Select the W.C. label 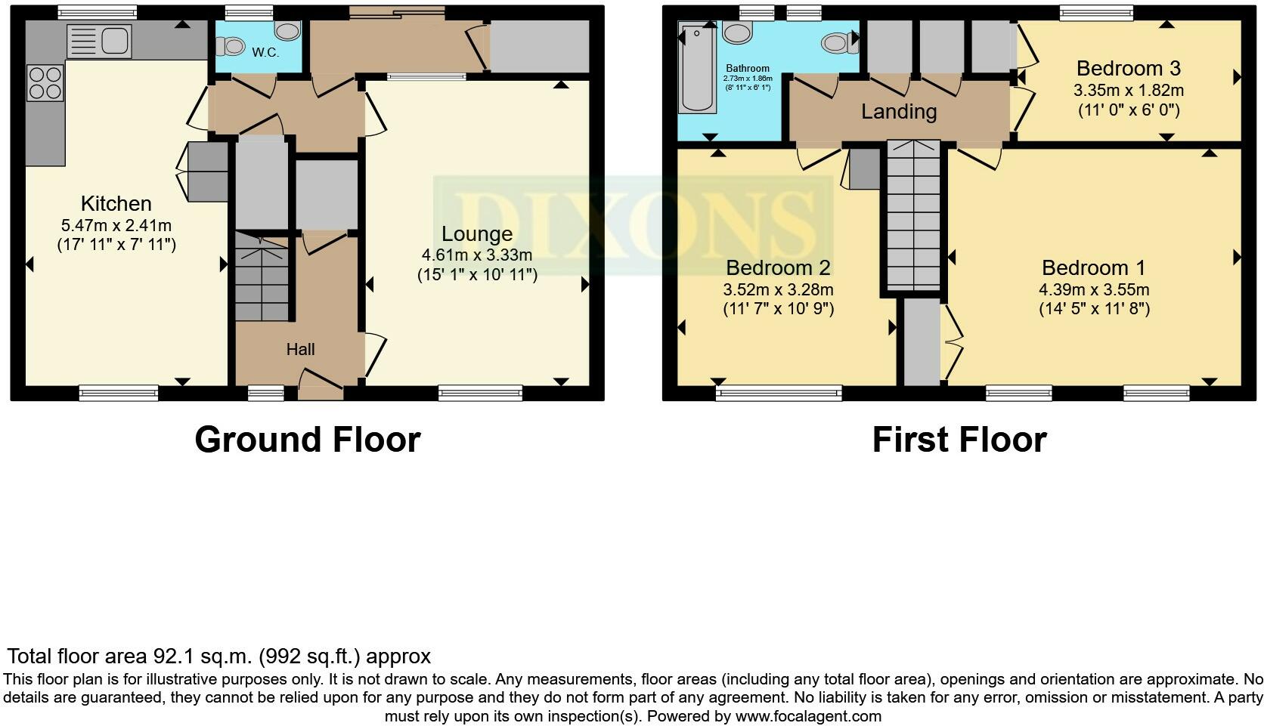click(265, 52)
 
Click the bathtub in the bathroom click(697, 68)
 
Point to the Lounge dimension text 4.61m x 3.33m click(477, 255)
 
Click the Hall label click(300, 349)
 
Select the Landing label click(899, 112)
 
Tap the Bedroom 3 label click(1128, 68)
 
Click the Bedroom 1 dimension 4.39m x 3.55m click(1093, 289)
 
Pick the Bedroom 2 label click(778, 267)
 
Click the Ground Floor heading click(307, 440)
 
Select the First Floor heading click(959, 440)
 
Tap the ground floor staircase click(262, 278)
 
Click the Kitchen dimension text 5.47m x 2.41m click(116, 225)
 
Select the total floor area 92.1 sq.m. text click(218, 656)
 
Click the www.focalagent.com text click(808, 716)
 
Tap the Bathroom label click(747, 68)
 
